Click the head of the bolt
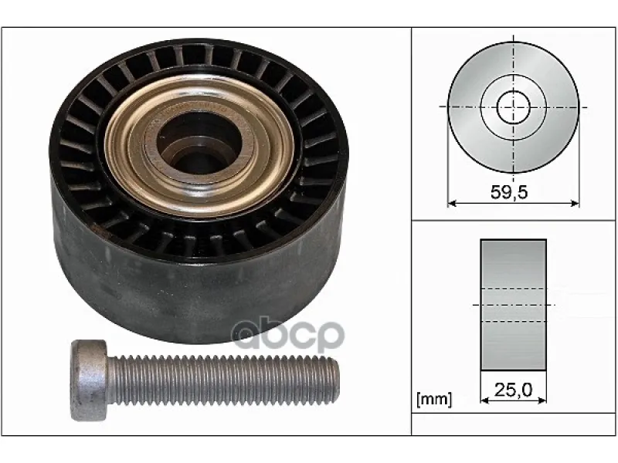[x=89, y=380]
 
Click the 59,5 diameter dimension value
[x=509, y=192]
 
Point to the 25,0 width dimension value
[x=513, y=390]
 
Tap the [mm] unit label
[x=434, y=399]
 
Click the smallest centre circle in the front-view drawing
[x=513, y=107]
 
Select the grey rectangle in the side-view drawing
[x=513, y=305]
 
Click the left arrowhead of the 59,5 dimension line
[x=452, y=203]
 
